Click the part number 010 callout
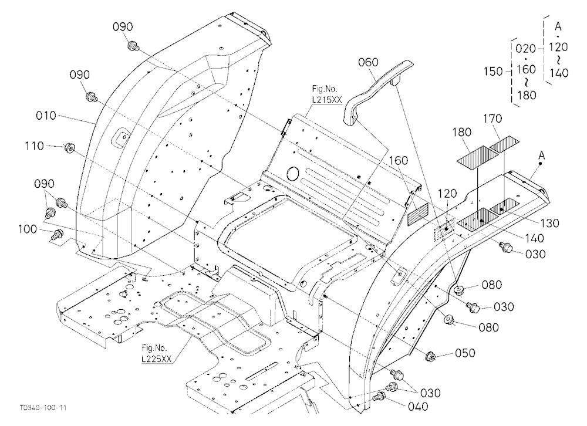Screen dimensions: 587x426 (46, 116)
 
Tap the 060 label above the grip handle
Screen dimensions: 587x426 (368, 63)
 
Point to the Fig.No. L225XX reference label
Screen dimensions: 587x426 (157, 353)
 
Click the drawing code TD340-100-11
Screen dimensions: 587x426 (43, 408)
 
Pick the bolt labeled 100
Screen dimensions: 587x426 (57, 235)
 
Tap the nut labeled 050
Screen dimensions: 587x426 (431, 356)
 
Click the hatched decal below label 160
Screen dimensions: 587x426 (417, 214)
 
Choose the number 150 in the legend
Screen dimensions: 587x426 (493, 71)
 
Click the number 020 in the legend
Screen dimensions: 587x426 (525, 49)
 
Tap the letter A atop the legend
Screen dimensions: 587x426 (558, 26)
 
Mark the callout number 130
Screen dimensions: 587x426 (549, 223)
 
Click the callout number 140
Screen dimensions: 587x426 (534, 238)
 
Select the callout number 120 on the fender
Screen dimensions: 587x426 (447, 194)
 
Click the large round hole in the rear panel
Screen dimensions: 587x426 (292, 173)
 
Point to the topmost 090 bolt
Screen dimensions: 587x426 (133, 46)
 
